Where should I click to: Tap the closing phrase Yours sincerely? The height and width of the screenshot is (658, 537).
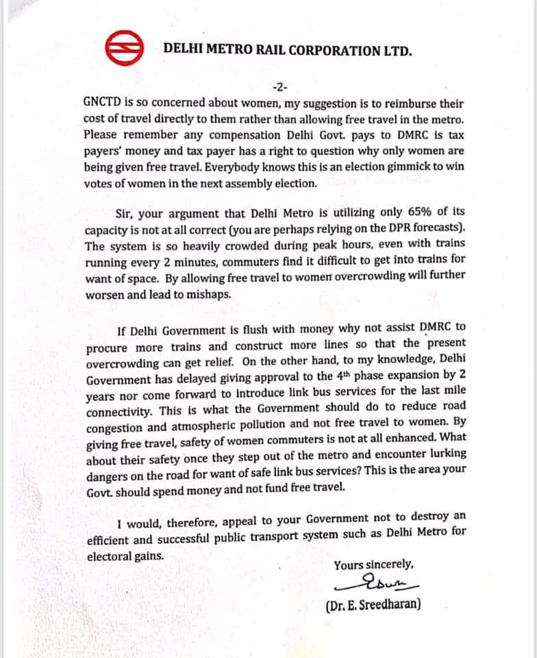pyautogui.click(x=373, y=565)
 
